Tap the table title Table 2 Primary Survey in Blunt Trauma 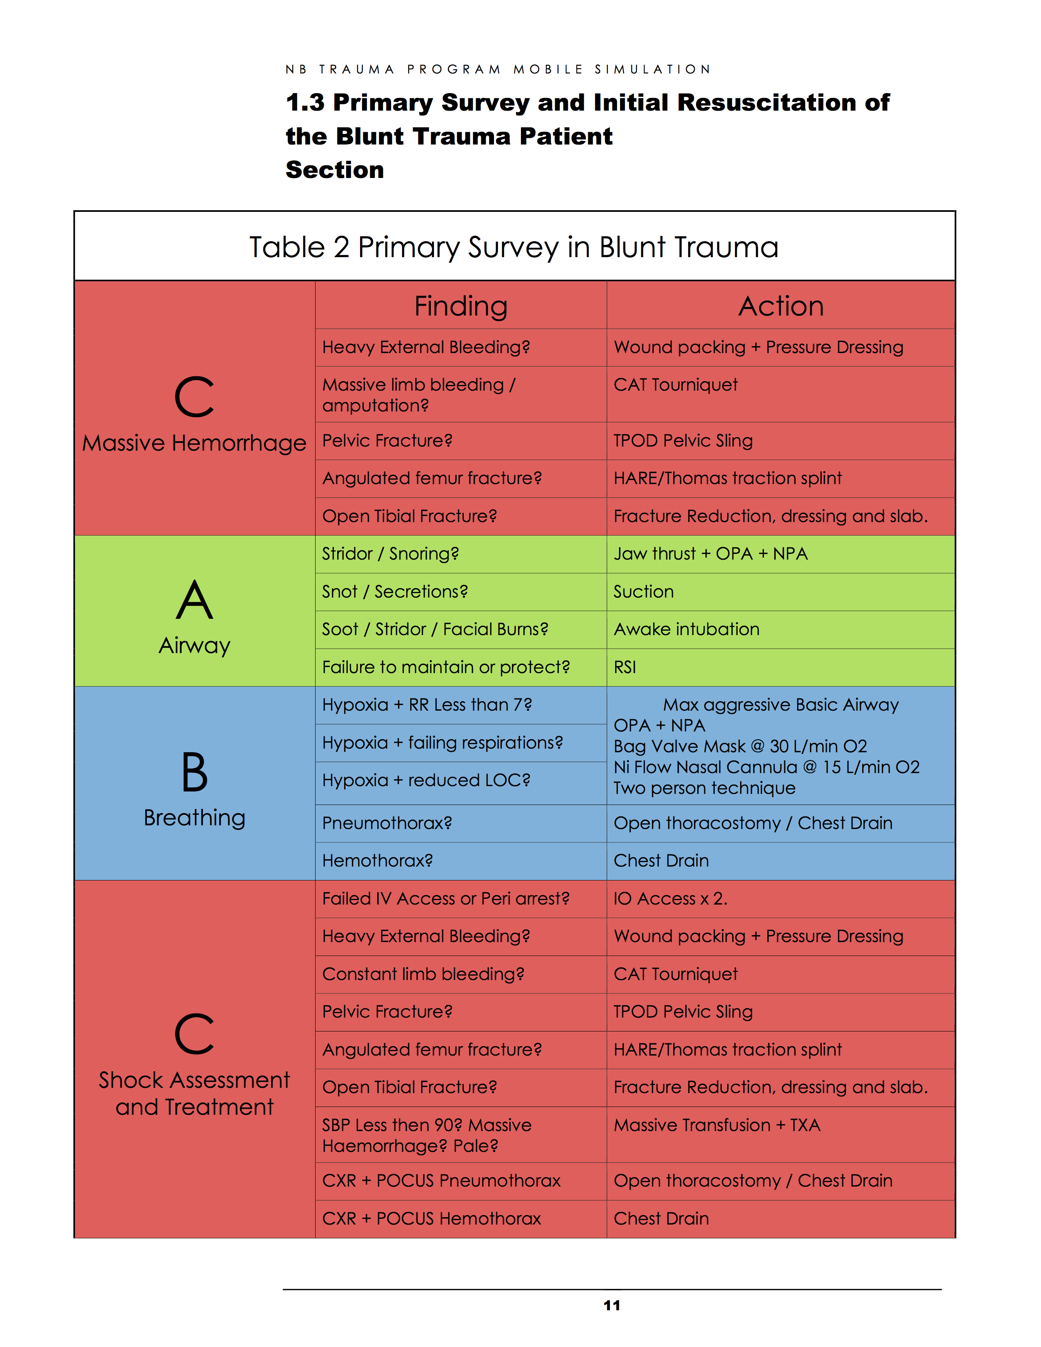coord(514,247)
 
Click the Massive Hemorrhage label coord(194,443)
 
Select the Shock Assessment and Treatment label coord(194,1094)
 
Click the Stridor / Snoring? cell coord(390,554)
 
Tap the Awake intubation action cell coord(686,629)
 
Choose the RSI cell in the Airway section coord(625,667)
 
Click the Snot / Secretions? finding coord(395,591)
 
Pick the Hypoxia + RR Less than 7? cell coord(427,705)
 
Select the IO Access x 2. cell coord(670,899)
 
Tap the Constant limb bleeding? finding coord(423,974)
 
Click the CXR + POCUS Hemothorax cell coord(431,1219)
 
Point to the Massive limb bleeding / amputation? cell coord(418,395)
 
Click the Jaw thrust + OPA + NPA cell coord(710,554)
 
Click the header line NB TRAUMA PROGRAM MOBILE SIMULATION coord(498,69)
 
